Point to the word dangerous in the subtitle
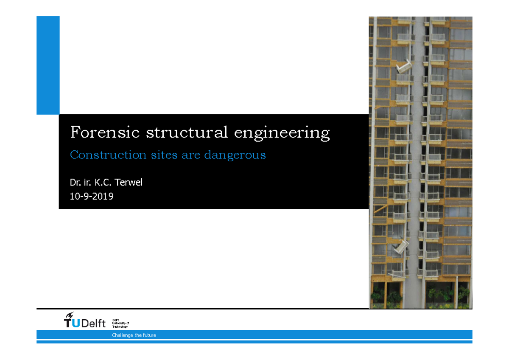click(x=235, y=155)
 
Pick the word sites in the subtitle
click(x=165, y=155)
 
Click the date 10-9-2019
click(x=92, y=197)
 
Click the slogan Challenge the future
click(x=134, y=335)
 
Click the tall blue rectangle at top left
click(x=48, y=65)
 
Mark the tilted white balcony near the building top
click(x=403, y=67)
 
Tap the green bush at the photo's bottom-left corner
click(x=378, y=296)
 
